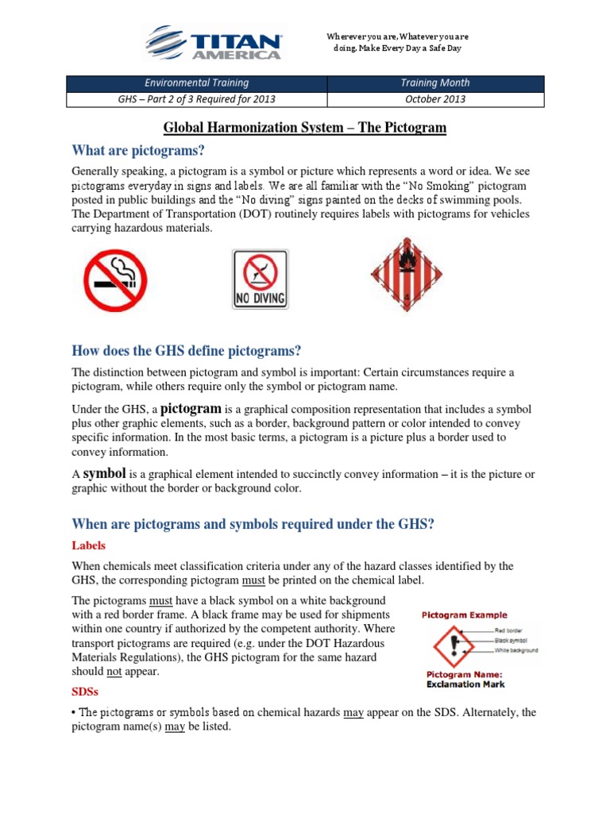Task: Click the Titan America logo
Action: point(212,42)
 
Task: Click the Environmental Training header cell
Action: point(195,83)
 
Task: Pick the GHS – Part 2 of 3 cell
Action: point(195,99)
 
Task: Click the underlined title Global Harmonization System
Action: point(305,127)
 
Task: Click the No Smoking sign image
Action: point(115,280)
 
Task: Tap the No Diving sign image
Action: point(261,279)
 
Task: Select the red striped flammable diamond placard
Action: point(406,275)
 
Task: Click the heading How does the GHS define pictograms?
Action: point(187,351)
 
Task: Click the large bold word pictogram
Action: point(192,409)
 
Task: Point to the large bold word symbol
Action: point(105,474)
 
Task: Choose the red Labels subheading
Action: point(88,545)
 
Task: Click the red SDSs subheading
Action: point(85,692)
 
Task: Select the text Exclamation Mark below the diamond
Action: point(463,684)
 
